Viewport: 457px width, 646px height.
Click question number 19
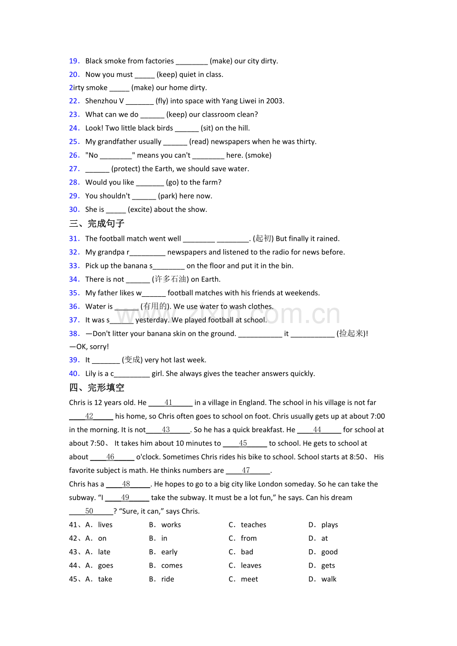point(74,61)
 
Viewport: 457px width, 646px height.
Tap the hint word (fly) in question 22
point(162,101)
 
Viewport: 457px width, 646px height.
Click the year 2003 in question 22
point(275,101)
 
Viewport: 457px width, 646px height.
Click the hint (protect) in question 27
point(126,169)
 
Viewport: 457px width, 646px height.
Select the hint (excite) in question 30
point(140,209)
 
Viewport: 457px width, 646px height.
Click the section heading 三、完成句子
point(97,224)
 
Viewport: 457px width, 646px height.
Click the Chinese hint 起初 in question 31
point(263,239)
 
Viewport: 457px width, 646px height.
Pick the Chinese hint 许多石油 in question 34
point(170,279)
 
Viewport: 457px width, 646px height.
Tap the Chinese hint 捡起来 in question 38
point(352,333)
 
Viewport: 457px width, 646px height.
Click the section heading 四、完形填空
point(97,388)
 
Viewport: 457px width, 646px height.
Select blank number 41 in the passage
point(168,403)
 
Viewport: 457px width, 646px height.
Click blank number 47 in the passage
point(246,470)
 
